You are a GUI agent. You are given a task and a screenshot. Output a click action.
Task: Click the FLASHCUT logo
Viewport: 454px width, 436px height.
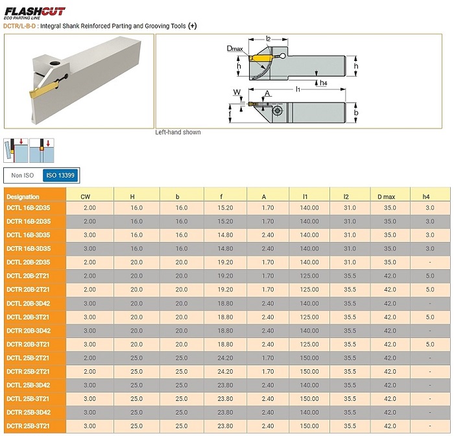coord(35,13)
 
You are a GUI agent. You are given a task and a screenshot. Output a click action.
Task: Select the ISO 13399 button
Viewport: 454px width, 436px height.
coord(60,175)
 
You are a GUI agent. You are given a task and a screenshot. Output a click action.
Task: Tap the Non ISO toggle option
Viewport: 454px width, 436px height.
coord(23,175)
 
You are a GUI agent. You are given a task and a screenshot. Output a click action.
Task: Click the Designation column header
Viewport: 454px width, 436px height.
coord(23,197)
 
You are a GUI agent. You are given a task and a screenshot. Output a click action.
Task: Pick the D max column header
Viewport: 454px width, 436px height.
coord(387,197)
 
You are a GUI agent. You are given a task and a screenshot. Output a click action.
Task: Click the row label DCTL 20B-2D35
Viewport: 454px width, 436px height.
coord(29,262)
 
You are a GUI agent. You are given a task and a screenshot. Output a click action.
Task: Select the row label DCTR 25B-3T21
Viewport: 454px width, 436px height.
coord(28,426)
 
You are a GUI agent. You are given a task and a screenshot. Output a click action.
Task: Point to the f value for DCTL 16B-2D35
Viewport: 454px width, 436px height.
coord(225,208)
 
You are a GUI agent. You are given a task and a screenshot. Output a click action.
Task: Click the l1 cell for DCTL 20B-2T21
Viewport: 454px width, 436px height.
coord(309,276)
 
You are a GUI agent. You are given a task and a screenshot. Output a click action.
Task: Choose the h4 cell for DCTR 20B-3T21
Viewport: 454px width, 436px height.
coord(430,344)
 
